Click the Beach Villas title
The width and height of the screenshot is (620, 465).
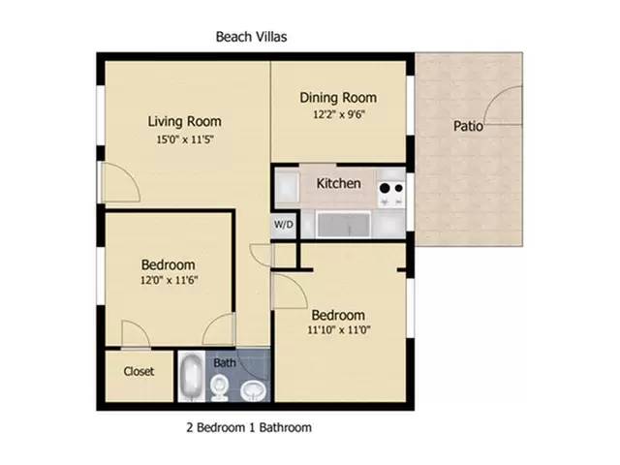click(x=251, y=37)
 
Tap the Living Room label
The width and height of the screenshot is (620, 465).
click(x=184, y=122)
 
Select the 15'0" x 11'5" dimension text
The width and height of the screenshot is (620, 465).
click(x=184, y=139)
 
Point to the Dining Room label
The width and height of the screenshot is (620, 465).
click(x=337, y=98)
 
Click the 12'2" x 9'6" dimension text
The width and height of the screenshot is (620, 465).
click(x=337, y=113)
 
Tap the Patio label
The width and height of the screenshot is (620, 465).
click(x=468, y=126)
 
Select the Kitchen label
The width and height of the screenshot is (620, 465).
click(x=338, y=183)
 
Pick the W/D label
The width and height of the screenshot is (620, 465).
click(x=283, y=224)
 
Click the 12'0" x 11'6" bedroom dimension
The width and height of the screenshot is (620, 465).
click(x=169, y=281)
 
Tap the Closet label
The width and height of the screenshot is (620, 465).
click(x=139, y=371)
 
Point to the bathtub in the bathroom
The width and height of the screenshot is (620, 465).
click(x=191, y=378)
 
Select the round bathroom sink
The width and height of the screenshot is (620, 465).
click(x=252, y=389)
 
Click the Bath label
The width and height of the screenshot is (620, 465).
click(x=225, y=362)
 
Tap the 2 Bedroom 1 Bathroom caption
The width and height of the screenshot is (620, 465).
click(x=248, y=426)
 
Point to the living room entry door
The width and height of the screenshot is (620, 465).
click(x=118, y=184)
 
